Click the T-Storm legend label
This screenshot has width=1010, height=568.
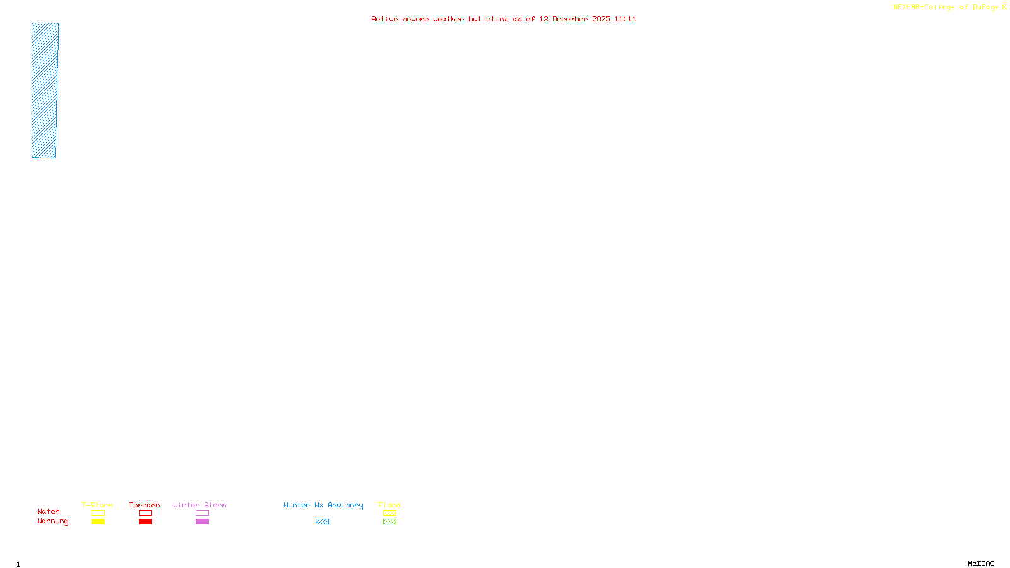(x=97, y=505)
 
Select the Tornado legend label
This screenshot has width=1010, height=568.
(x=145, y=505)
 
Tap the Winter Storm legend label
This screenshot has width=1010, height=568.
(x=199, y=505)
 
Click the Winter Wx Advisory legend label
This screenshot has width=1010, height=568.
(x=323, y=505)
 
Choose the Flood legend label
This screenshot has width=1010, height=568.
(x=389, y=505)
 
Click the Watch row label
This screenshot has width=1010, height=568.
(x=49, y=511)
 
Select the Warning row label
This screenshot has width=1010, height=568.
(x=53, y=521)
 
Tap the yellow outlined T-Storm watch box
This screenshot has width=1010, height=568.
(x=98, y=513)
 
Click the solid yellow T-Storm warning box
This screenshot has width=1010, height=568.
(x=98, y=522)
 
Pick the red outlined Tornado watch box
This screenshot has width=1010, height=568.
(x=146, y=513)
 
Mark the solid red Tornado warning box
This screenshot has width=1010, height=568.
(x=146, y=522)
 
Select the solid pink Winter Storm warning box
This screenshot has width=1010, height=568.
(x=202, y=522)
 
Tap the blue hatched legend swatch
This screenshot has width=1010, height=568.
(x=322, y=522)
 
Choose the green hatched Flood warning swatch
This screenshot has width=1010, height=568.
(x=390, y=522)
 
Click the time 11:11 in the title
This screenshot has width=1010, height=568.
(x=626, y=19)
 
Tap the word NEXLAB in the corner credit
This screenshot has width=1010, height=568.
(x=906, y=8)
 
